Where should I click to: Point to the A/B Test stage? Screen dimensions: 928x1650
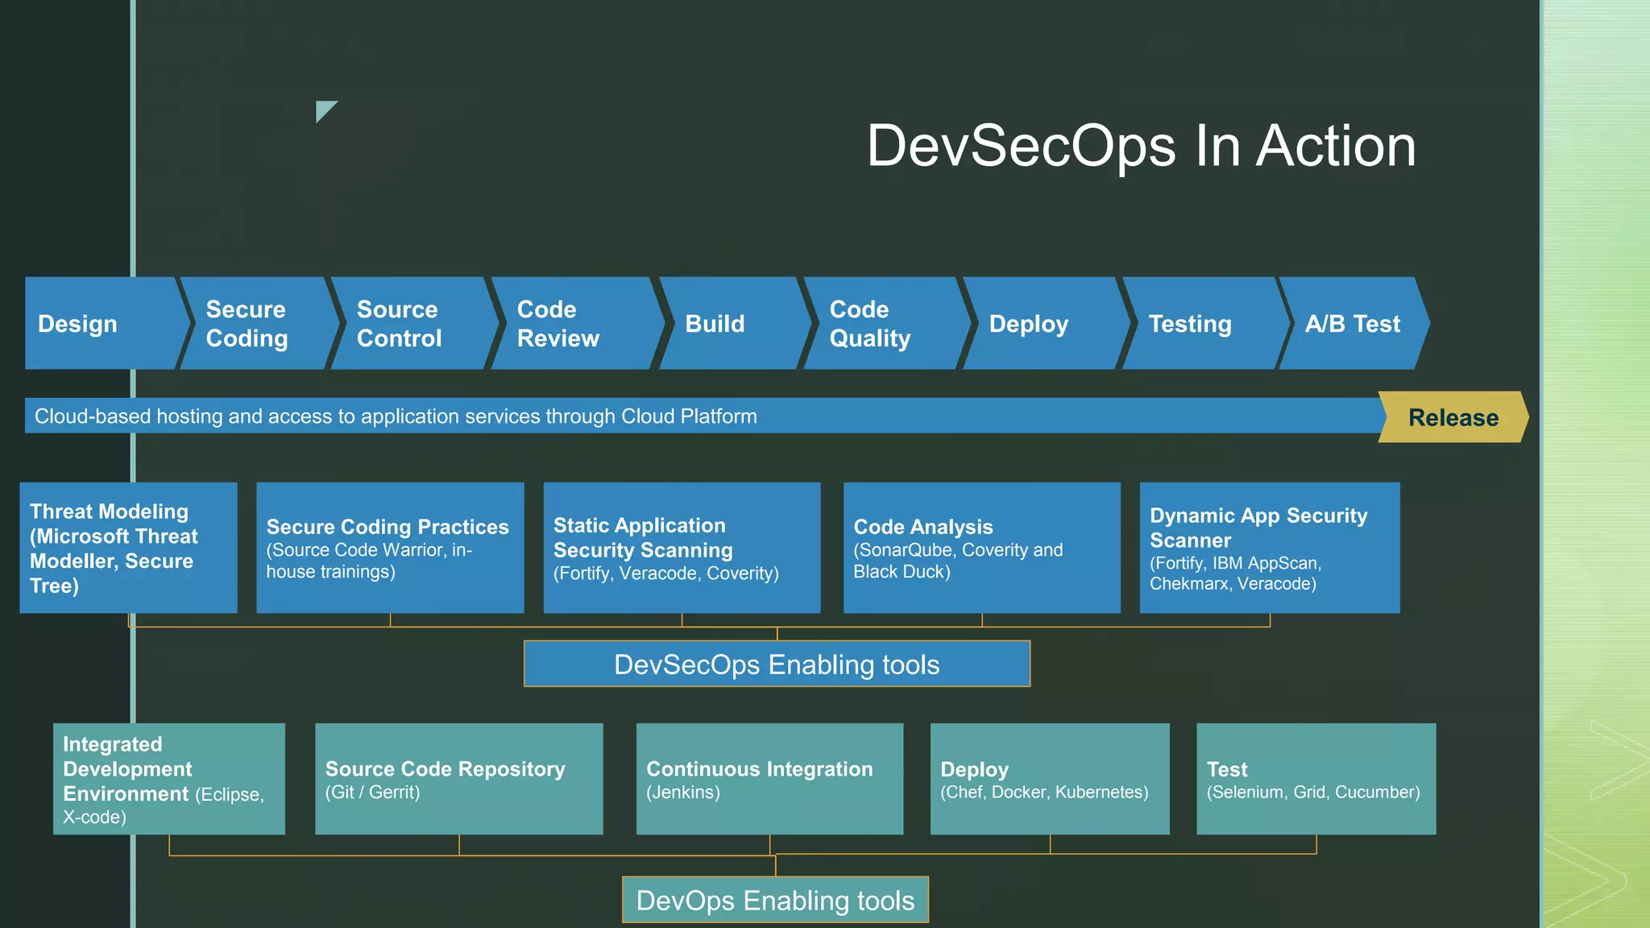point(1354,323)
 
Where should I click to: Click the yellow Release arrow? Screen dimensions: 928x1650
point(1453,417)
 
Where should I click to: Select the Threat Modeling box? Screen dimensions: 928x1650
point(128,548)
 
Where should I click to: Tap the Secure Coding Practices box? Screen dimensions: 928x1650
point(390,548)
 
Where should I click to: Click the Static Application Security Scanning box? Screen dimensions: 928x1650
point(682,548)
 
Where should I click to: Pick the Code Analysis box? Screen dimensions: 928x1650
point(981,548)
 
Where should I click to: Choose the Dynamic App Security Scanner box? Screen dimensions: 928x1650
point(1269,548)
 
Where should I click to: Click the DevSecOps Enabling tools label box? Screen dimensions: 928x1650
point(777,664)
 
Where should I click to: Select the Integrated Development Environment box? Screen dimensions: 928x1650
point(169,779)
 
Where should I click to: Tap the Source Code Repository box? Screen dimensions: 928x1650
point(458,779)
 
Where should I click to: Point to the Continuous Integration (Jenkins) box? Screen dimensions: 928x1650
point(769,779)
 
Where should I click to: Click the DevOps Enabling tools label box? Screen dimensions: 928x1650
point(775,900)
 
